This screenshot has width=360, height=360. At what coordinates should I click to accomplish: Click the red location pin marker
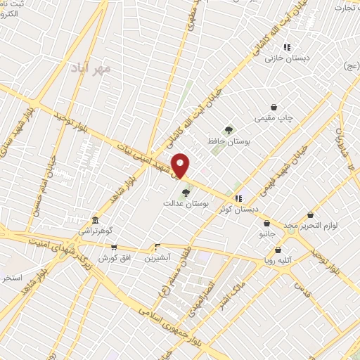pos(181,165)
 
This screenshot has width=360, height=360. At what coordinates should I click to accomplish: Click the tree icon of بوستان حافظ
pos(229,130)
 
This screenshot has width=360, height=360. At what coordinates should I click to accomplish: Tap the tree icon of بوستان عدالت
pos(186,192)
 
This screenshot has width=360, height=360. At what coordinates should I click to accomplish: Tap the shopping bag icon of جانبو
pos(266,224)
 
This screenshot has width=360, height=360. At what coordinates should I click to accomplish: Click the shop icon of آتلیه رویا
pos(279,249)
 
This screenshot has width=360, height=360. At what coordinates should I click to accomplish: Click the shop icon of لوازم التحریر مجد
pos(310,214)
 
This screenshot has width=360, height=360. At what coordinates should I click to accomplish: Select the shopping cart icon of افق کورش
pos(113,247)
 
